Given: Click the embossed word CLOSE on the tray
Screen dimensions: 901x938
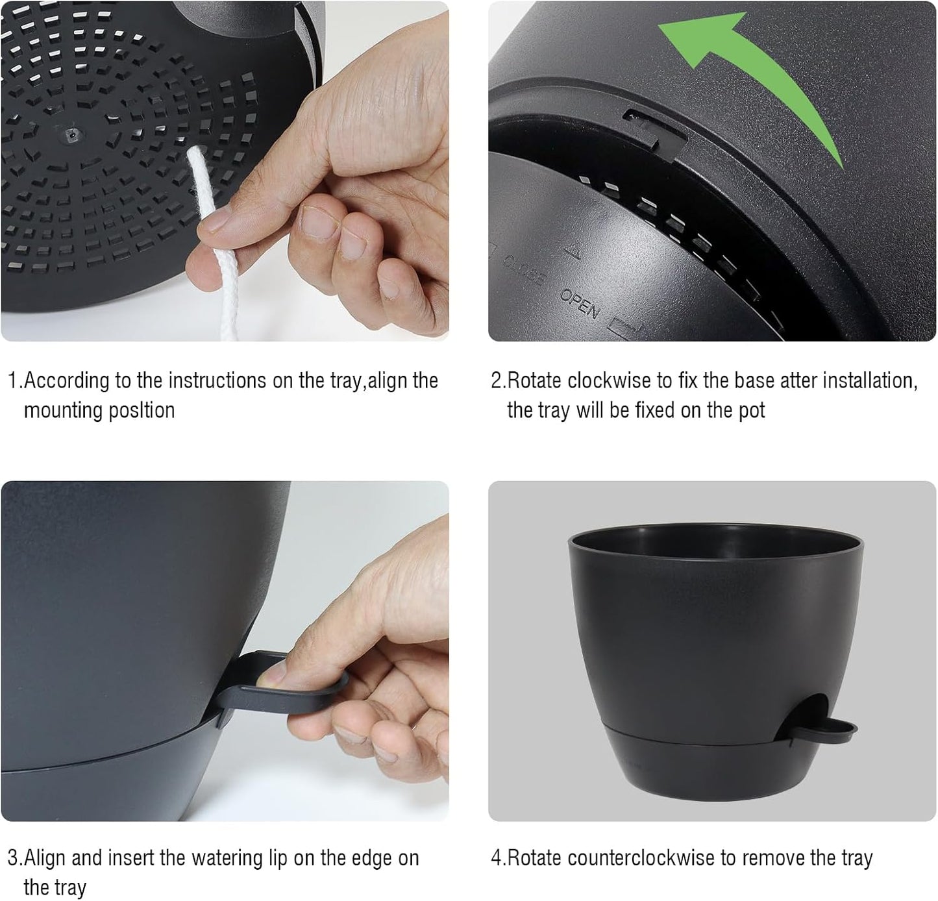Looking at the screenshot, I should click(x=525, y=270).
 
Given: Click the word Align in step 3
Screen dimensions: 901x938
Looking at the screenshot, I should click(x=45, y=858).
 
